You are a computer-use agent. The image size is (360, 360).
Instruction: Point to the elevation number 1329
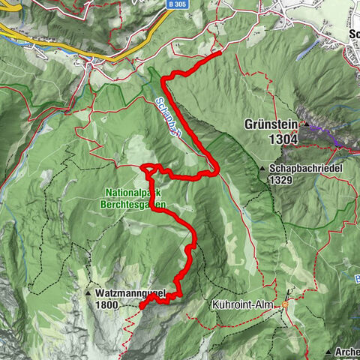click(x=282, y=181)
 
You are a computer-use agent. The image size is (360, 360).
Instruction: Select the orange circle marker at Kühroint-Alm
click(x=285, y=306)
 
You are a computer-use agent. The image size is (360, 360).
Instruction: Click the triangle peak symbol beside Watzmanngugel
click(x=88, y=293)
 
